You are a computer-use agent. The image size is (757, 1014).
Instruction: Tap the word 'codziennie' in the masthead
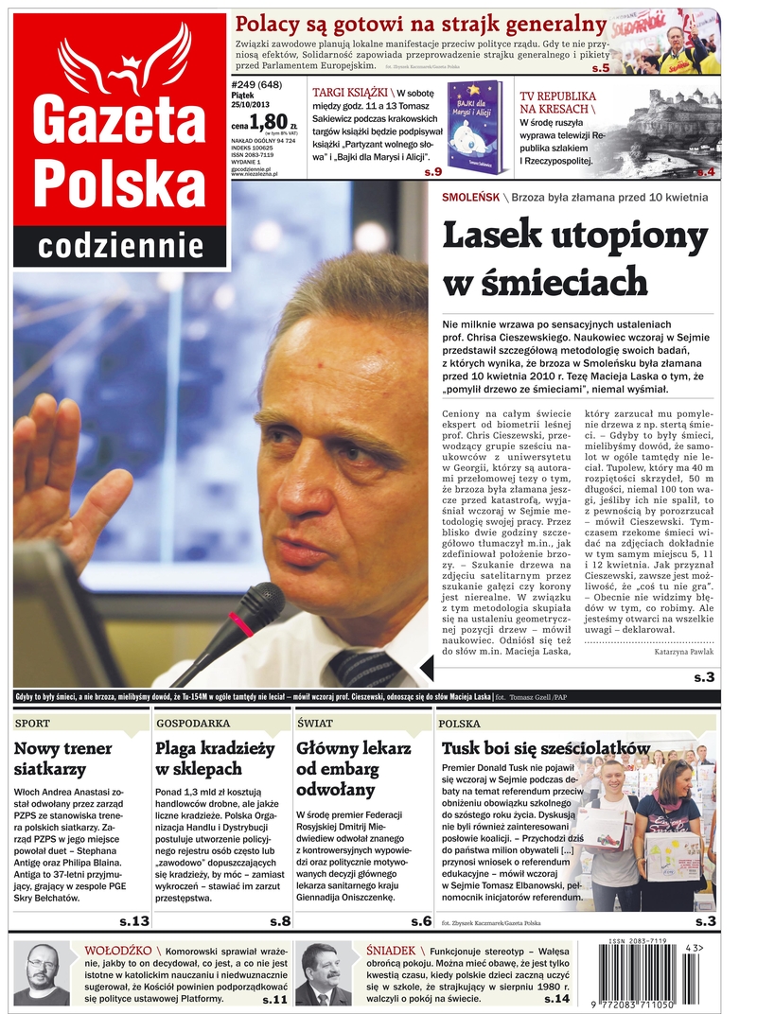click(x=120, y=248)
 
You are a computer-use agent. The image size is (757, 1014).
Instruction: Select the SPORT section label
click(x=34, y=724)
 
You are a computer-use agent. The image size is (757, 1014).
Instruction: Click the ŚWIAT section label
click(x=315, y=724)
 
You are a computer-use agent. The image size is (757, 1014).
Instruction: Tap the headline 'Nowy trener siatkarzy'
click(x=63, y=759)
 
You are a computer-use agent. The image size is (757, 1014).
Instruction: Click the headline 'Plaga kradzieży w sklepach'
click(x=216, y=759)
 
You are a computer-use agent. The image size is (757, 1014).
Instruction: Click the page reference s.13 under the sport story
click(x=132, y=920)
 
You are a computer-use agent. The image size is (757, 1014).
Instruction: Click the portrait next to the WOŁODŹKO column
click(x=42, y=973)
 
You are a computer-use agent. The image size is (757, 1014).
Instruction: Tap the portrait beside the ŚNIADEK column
click(x=323, y=973)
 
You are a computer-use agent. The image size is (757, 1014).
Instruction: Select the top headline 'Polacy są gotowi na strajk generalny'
click(x=421, y=24)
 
